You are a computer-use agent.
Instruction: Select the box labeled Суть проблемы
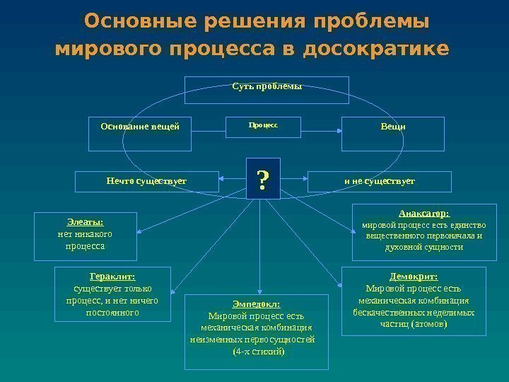pos(267,87)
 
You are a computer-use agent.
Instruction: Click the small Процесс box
pos(263,125)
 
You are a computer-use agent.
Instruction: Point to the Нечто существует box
pos(146,181)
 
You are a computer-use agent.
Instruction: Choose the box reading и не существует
pos(379,181)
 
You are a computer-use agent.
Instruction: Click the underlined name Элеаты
pos(84,221)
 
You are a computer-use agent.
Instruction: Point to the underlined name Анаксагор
pos(424,212)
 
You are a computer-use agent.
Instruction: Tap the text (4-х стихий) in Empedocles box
pos(258,351)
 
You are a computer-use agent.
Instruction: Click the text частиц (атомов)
pos(414,324)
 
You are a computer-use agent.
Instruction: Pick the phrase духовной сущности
pos(424,248)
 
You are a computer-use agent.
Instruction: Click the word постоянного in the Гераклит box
pos(112,312)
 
